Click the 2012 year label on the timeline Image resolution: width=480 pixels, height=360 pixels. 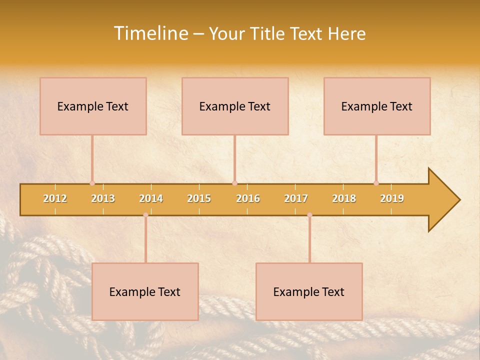click(55, 198)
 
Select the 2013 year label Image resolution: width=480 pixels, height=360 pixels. click(103, 198)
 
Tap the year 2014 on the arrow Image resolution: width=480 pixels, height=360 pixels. click(151, 198)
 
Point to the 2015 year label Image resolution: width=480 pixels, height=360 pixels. click(199, 198)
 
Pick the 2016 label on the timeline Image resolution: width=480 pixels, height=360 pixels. click(248, 198)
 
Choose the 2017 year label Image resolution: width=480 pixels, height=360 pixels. click(296, 198)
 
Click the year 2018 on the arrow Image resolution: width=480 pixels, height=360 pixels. click(344, 198)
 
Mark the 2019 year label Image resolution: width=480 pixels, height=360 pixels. click(392, 198)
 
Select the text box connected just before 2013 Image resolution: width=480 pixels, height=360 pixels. click(93, 106)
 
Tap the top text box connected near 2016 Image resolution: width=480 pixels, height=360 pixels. click(235, 106)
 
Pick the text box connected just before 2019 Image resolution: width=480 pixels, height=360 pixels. click(377, 106)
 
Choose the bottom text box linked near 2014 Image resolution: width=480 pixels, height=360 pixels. click(145, 291)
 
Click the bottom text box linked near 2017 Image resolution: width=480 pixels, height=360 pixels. click(309, 291)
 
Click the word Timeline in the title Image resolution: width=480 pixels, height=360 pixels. click(150, 33)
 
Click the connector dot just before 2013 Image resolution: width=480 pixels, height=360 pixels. click(92, 183)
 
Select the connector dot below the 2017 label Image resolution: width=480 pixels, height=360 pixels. click(309, 215)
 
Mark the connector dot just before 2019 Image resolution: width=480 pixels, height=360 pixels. click(376, 183)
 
